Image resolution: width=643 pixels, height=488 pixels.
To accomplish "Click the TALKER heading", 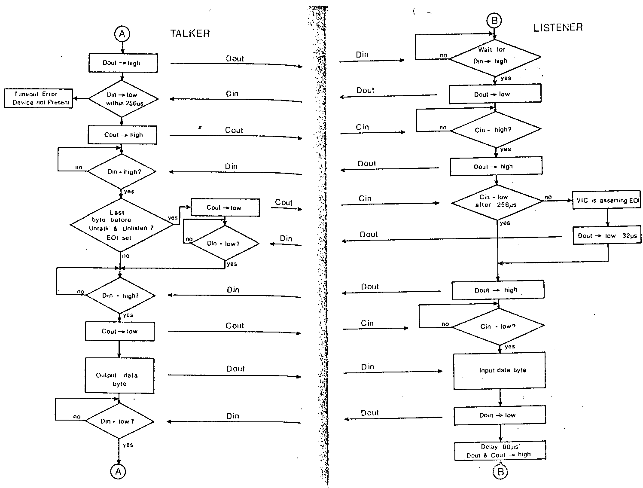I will pos(190,34).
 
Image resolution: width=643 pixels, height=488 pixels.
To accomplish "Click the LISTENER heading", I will pos(558,27).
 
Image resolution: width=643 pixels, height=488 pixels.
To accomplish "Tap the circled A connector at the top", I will pos(122,34).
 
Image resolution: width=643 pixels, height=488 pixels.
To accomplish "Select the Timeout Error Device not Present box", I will pos(38,98).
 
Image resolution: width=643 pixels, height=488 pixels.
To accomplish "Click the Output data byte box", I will pos(119,376).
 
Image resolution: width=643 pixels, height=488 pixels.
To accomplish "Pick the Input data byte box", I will pos(500,371).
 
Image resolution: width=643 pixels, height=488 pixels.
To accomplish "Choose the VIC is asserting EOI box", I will pos(606,201).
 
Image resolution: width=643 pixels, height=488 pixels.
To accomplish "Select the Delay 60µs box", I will pos(500,451).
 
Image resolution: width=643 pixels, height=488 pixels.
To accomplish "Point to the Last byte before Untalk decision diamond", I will pos(122,225).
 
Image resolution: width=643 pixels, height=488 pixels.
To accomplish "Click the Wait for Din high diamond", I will pos(494,56).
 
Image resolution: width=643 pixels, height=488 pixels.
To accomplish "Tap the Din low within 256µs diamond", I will pos(123,99).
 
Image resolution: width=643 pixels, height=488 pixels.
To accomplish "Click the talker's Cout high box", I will pos(122,135).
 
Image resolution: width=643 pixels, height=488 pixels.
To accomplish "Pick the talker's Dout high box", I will pos(123,63).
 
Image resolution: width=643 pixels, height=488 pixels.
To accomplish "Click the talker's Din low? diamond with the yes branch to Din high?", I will pos(225,244).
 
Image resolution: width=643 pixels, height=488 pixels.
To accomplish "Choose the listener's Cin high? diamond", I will pos(496,130).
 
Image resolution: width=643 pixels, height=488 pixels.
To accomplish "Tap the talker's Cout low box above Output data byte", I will pos(120,332).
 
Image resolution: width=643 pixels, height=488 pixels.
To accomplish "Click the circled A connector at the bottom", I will pos(118,471).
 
